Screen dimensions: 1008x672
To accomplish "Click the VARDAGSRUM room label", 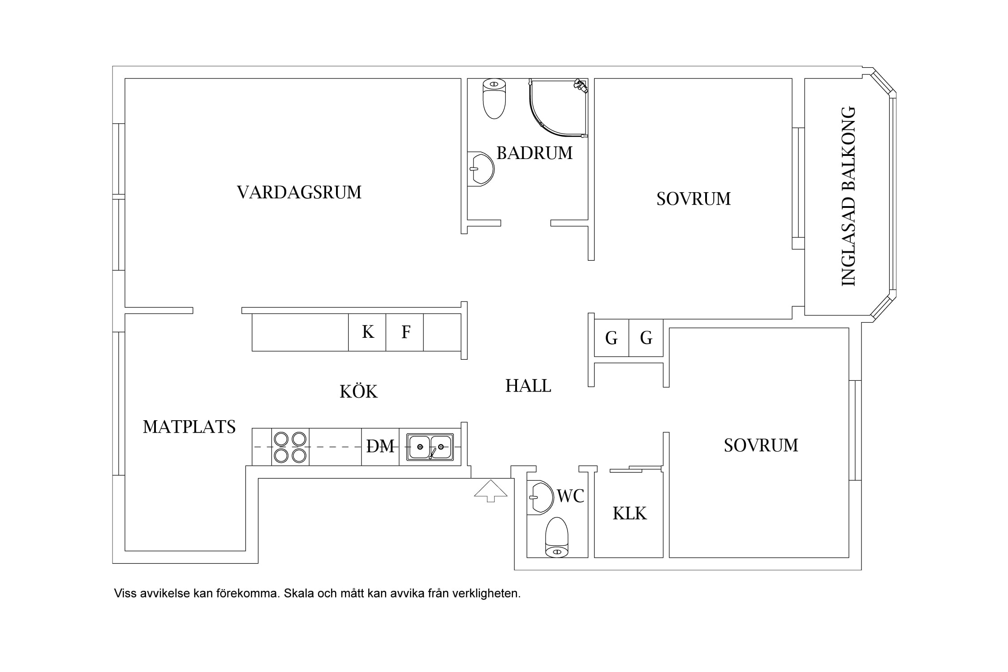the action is point(299,192).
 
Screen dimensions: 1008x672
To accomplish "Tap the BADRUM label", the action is point(534,153).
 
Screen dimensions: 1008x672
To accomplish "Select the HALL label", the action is point(528,386).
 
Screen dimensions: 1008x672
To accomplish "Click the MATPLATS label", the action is point(189,427).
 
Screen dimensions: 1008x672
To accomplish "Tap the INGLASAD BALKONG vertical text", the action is point(849,196).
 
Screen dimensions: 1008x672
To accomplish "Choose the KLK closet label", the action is point(629,513).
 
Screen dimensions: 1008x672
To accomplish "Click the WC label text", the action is point(570,496).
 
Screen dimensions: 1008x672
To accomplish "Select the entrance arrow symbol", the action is point(491,491).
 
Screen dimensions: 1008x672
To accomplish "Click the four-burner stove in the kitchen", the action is point(290,447).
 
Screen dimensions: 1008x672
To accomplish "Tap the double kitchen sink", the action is point(430,447).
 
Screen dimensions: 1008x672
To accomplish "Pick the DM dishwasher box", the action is point(380,447).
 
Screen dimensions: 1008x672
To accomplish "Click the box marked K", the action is point(367,332).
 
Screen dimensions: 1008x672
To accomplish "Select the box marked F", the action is point(405,332).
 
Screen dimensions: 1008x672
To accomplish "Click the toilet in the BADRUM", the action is point(494,99).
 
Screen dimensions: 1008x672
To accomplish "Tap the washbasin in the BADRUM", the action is point(481,169).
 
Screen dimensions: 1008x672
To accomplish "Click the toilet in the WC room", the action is point(557,538).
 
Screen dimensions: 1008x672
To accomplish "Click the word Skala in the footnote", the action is point(299,594).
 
